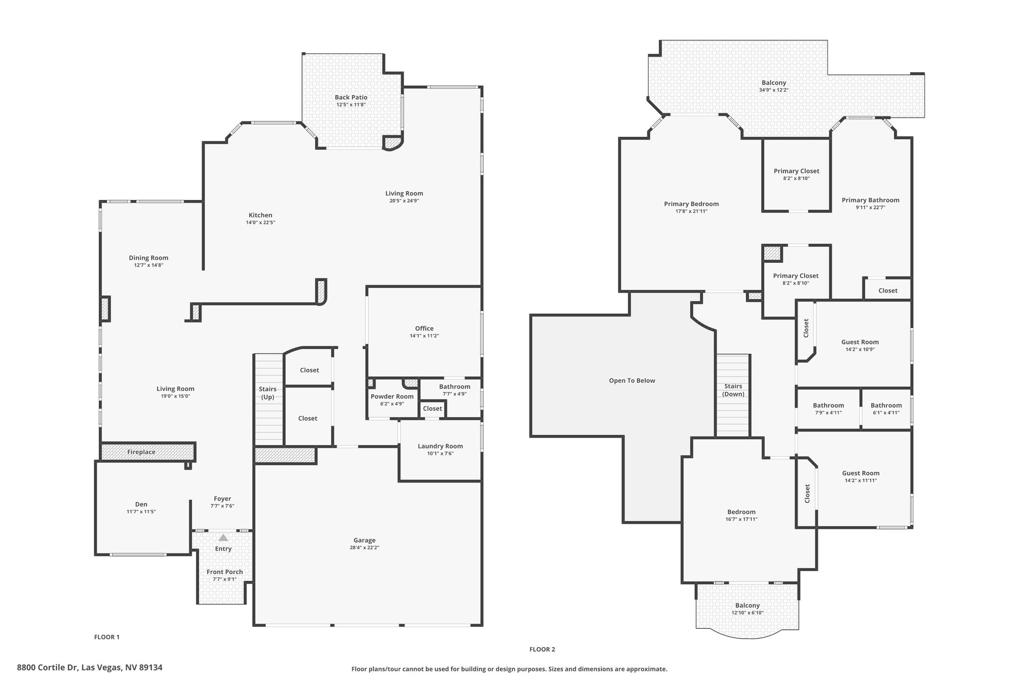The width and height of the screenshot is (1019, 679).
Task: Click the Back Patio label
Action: click(351, 97)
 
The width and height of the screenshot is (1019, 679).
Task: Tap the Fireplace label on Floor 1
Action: click(141, 452)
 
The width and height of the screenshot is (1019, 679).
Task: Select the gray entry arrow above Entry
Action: click(223, 538)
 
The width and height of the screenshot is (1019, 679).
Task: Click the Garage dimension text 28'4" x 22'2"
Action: click(364, 548)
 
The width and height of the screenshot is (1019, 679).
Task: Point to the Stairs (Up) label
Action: click(268, 393)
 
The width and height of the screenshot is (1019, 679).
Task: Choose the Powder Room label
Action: click(392, 396)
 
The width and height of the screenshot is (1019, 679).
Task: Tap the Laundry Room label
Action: click(440, 446)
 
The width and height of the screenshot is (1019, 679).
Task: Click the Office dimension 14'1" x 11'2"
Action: click(424, 336)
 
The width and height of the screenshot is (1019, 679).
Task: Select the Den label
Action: click(141, 504)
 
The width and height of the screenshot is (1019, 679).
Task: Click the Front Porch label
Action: click(225, 572)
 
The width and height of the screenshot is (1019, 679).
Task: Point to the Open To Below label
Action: click(632, 381)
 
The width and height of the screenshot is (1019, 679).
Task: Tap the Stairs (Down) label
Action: click(733, 390)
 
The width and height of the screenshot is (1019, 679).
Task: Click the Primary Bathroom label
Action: click(871, 200)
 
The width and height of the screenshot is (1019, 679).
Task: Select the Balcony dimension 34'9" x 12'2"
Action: click(774, 90)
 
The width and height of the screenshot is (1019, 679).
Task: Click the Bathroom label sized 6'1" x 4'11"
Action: click(886, 405)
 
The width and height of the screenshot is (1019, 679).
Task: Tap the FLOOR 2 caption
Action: click(542, 649)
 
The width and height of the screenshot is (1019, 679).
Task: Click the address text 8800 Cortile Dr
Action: click(47, 668)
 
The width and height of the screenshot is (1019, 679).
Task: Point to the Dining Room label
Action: click(149, 258)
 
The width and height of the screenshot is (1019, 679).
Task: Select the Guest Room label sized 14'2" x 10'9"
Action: click(860, 342)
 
